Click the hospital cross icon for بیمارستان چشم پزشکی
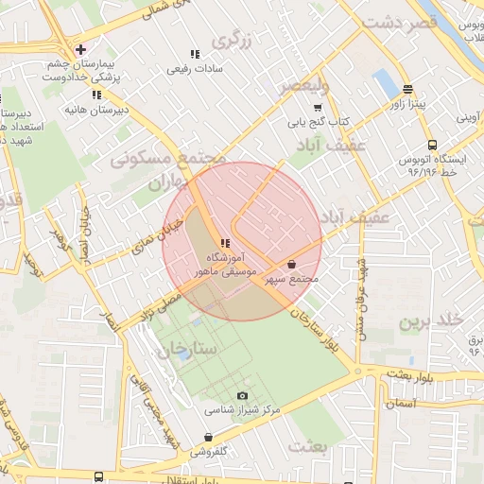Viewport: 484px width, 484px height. (81, 49)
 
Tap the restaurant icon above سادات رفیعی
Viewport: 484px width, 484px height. (195, 55)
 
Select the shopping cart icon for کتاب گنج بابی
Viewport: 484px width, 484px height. (318, 108)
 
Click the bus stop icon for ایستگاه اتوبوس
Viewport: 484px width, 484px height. (432, 145)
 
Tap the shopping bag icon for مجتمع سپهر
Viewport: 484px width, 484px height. (290, 265)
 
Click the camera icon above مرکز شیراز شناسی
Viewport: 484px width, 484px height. (243, 396)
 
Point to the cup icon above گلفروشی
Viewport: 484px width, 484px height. (208, 438)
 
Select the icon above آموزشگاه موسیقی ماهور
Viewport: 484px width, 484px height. (224, 243)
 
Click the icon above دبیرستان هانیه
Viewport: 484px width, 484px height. (95, 95)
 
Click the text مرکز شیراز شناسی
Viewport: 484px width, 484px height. (243, 411)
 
